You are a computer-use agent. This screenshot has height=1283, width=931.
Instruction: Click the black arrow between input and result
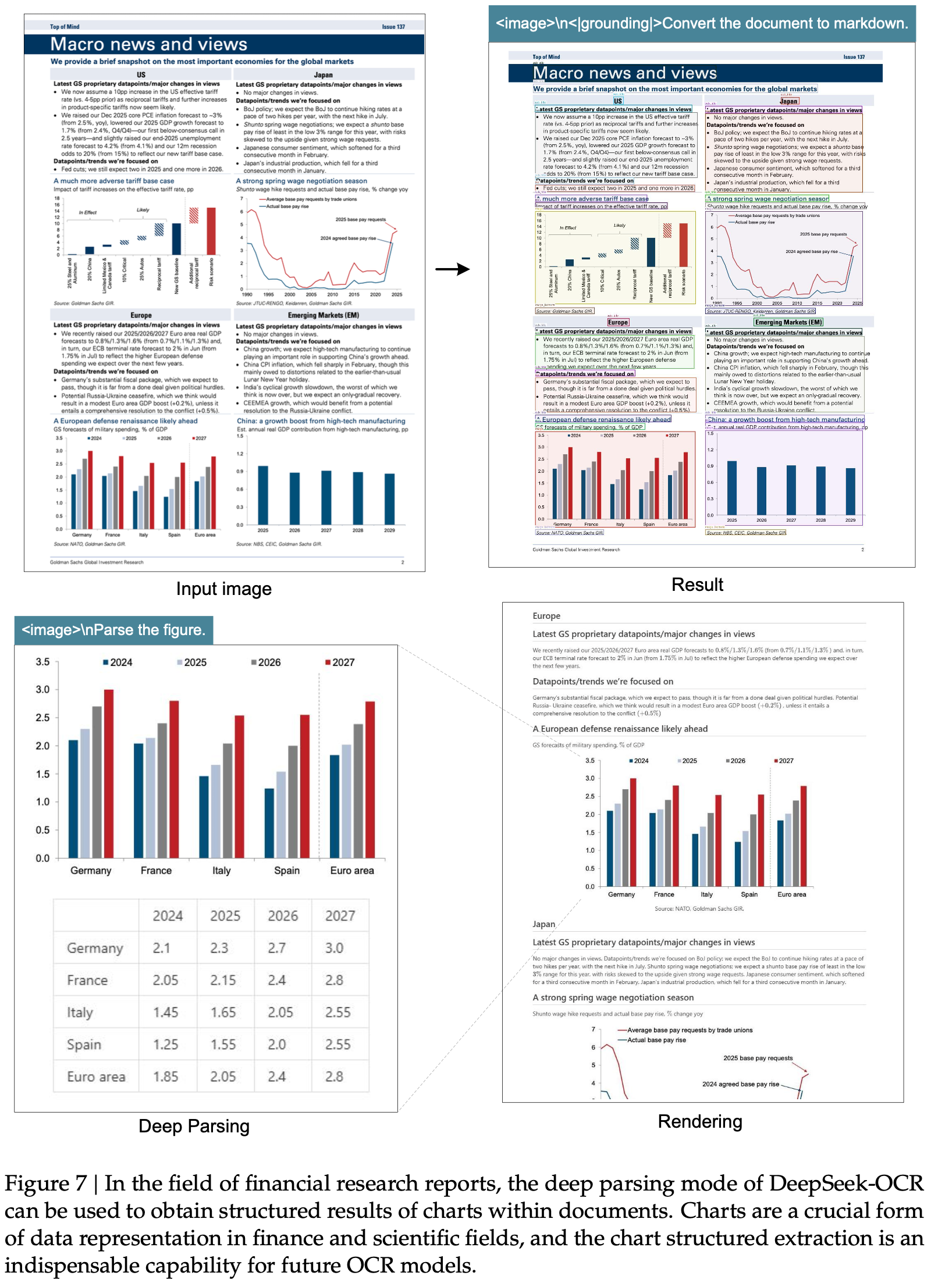[x=452, y=269]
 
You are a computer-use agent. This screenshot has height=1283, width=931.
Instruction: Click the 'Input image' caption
[x=223, y=589]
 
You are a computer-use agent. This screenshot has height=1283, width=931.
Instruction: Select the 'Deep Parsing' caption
[x=194, y=1126]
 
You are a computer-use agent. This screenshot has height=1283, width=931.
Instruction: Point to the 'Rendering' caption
[x=699, y=1121]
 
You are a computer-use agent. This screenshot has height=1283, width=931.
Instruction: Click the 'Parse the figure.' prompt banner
[x=113, y=630]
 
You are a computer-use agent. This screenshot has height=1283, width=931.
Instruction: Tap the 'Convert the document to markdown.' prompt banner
[x=701, y=23]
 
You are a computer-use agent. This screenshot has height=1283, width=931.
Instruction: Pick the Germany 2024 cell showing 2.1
[x=161, y=948]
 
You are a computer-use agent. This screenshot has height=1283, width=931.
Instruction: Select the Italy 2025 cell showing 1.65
[x=223, y=1013]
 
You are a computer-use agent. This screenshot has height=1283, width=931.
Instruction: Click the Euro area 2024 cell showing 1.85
[x=165, y=1077]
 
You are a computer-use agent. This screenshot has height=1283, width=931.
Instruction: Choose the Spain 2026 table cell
[x=277, y=1045]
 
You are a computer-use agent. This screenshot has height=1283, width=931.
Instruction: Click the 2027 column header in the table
[x=340, y=916]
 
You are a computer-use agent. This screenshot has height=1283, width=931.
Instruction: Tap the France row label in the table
[x=87, y=980]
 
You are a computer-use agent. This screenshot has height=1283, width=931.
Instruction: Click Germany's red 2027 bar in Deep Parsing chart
[x=109, y=774]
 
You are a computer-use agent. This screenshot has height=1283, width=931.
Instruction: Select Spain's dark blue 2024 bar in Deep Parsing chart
[x=269, y=823]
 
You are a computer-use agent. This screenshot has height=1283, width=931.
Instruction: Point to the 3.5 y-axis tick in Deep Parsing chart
[x=42, y=662]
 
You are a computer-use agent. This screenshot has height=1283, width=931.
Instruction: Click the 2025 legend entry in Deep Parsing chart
[x=192, y=662]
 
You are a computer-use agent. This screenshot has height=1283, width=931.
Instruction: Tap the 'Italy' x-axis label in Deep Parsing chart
[x=221, y=871]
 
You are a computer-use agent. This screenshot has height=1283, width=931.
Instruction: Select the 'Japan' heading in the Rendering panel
[x=543, y=924]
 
